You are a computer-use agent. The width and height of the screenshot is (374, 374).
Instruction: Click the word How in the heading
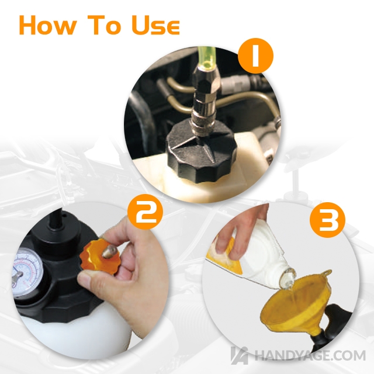(x=48, y=25)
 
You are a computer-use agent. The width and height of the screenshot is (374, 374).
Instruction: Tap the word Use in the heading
(x=155, y=25)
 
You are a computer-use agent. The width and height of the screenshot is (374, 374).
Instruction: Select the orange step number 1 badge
(x=256, y=56)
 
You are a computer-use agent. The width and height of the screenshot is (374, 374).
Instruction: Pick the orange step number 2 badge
(x=145, y=212)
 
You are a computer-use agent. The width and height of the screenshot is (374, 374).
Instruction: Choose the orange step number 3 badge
(x=327, y=220)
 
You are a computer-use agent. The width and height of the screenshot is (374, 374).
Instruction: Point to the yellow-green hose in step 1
(x=207, y=57)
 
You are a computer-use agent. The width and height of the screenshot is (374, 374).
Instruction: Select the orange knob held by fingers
(x=100, y=257)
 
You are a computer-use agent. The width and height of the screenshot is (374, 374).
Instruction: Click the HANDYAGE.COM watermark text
(x=310, y=355)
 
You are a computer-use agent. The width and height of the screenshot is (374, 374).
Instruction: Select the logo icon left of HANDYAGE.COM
(x=239, y=355)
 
